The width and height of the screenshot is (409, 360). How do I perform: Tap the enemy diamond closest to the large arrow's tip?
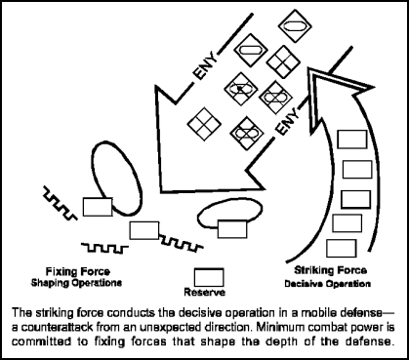[x=204, y=124]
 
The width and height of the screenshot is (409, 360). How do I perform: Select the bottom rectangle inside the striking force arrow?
[x=341, y=247]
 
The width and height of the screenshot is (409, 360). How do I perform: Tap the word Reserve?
[x=205, y=292]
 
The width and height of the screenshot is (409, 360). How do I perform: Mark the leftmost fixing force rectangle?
[x=96, y=207]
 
